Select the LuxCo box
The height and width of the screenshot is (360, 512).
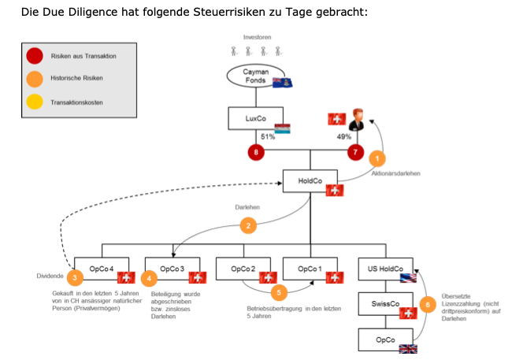(x=254, y=118)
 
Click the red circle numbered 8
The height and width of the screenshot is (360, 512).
(x=254, y=151)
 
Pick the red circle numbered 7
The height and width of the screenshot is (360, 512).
(x=355, y=151)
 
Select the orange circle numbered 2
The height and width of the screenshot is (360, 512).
(x=249, y=226)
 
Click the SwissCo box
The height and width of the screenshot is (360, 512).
(x=384, y=304)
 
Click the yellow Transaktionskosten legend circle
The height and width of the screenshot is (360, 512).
(x=35, y=102)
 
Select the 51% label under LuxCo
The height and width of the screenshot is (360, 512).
(x=267, y=136)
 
